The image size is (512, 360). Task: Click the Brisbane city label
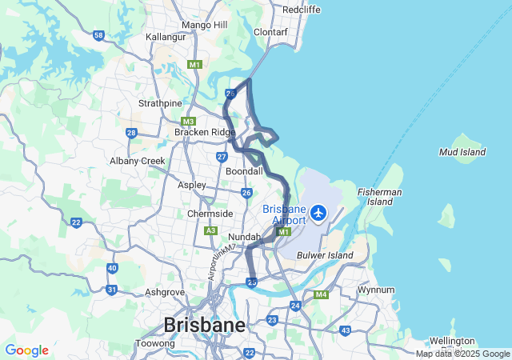[x=204, y=325]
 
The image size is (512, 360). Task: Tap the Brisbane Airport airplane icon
[x=319, y=213]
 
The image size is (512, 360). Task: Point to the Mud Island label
[x=462, y=151]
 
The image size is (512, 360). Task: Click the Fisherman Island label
[x=380, y=197]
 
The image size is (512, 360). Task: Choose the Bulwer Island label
[x=325, y=255]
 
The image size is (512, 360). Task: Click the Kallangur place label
[x=166, y=37]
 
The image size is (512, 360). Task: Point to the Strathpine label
[x=160, y=103]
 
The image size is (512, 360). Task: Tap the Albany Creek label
[x=137, y=161]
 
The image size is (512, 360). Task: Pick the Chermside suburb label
[x=210, y=214]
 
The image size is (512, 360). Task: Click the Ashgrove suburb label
[x=166, y=292]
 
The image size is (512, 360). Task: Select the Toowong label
[x=155, y=343]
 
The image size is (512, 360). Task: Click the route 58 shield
[x=98, y=35]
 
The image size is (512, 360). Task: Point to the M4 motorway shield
[x=321, y=294]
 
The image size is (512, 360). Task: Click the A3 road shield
[x=211, y=230]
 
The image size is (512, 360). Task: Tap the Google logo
[x=26, y=350]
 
